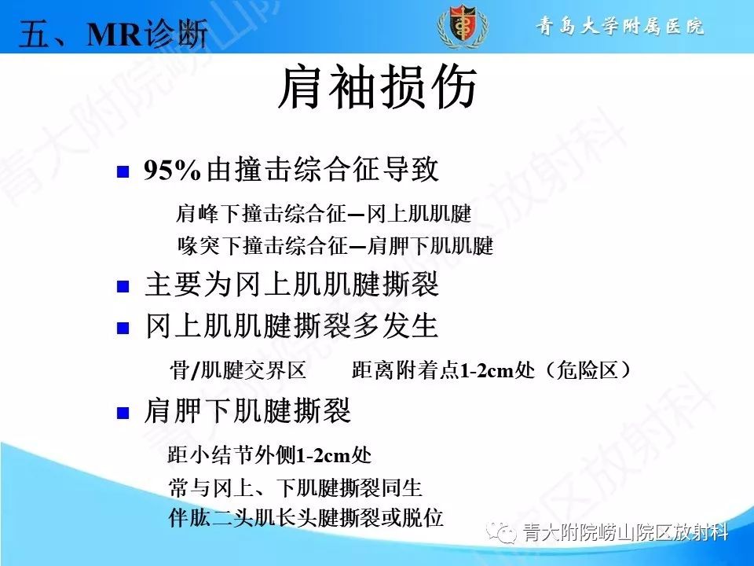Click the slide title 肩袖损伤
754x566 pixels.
click(x=377, y=88)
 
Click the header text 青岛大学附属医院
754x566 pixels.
click(x=620, y=26)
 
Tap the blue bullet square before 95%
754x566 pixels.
click(x=123, y=173)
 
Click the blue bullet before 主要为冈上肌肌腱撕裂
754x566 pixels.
click(x=123, y=286)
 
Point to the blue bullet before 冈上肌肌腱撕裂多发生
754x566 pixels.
click(x=123, y=327)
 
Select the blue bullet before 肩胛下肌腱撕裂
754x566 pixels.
click(x=123, y=413)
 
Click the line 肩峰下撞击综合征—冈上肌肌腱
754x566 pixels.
click(x=324, y=214)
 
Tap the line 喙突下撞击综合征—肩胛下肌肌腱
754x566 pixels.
click(x=335, y=247)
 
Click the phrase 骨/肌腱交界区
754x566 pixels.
click(x=237, y=369)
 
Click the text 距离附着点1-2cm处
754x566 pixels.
click(x=432, y=369)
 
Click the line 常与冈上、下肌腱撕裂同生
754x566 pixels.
click(x=296, y=488)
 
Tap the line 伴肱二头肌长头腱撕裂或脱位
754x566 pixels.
click(x=307, y=518)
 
